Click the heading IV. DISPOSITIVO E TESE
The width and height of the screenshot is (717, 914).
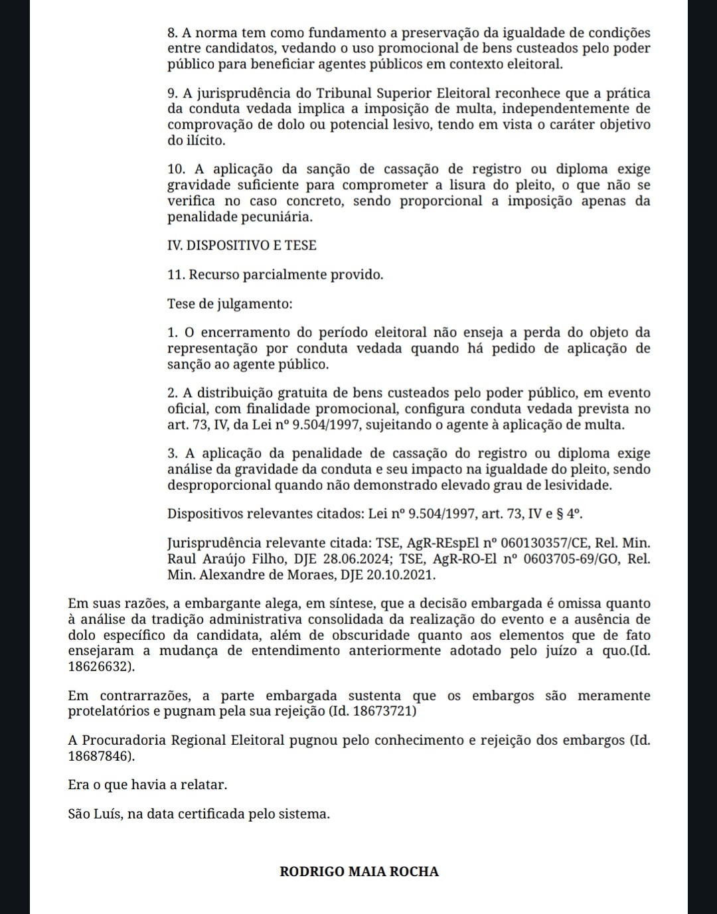(242, 246)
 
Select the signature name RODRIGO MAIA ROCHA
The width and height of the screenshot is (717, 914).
(359, 872)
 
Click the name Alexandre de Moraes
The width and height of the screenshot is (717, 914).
(268, 575)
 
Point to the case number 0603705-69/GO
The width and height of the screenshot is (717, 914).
(572, 559)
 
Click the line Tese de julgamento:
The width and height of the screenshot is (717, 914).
(230, 304)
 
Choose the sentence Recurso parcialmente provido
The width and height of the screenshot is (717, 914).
(286, 275)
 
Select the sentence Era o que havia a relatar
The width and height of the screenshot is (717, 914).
(147, 785)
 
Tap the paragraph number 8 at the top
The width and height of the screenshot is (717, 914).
(171, 33)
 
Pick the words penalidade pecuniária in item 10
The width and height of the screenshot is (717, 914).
(239, 217)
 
